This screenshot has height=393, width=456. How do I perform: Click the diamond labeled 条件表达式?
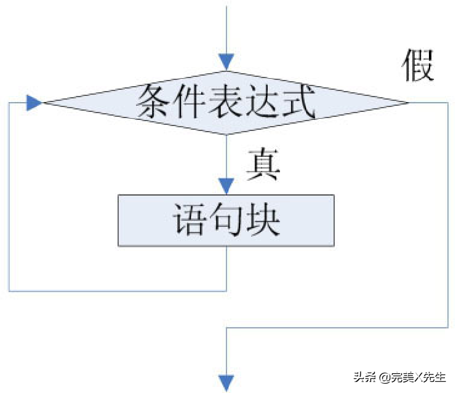pos(226,103)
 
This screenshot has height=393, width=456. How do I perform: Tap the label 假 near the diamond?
pos(419,65)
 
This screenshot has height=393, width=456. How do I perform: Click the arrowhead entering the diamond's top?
pos(226,62)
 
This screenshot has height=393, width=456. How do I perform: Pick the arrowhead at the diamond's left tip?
pos(34,103)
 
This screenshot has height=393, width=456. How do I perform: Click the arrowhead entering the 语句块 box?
pos(226,186)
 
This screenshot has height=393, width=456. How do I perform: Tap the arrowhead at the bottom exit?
pos(226,383)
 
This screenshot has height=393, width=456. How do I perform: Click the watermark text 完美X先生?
pos(421,377)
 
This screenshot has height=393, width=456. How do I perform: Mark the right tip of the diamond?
pos(408,103)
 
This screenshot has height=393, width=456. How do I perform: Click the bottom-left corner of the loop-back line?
pos(9,290)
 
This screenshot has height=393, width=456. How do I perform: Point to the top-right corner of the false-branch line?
pos(447,103)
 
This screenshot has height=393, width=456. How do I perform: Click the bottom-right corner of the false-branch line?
pos(447,328)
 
